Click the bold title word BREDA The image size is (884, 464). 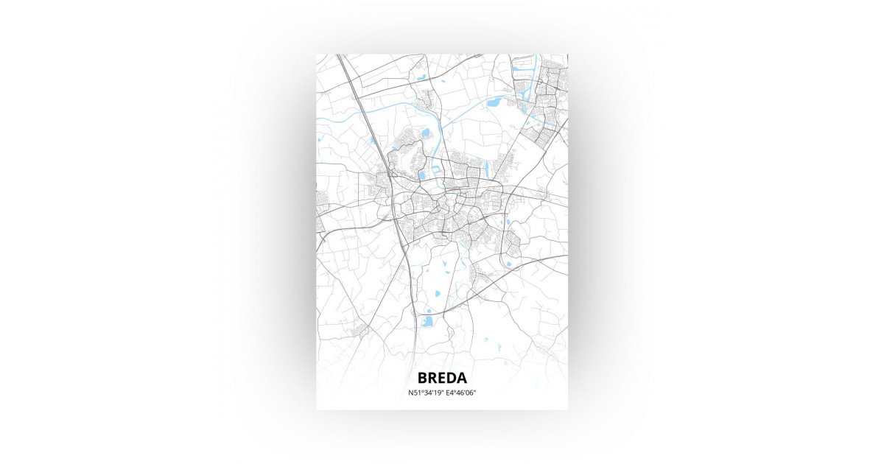tap(442, 378)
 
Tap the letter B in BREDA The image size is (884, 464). tap(422, 378)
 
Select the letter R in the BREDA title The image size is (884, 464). tap(432, 378)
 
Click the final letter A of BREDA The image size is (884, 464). tap(461, 378)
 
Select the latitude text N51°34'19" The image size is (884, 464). tap(425, 393)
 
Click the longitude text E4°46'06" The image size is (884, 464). tap(460, 393)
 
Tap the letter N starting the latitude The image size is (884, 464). tap(410, 393)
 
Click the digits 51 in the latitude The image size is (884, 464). tap(417, 393)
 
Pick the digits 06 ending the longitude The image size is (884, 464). tap(470, 393)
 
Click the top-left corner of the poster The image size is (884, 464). tap(317, 55)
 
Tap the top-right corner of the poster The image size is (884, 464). tap(567, 55)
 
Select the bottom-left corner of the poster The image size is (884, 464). tap(317, 409)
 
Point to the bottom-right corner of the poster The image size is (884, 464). tap(567, 409)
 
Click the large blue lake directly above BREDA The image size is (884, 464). tap(427, 321)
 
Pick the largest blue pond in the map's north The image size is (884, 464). tap(494, 102)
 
